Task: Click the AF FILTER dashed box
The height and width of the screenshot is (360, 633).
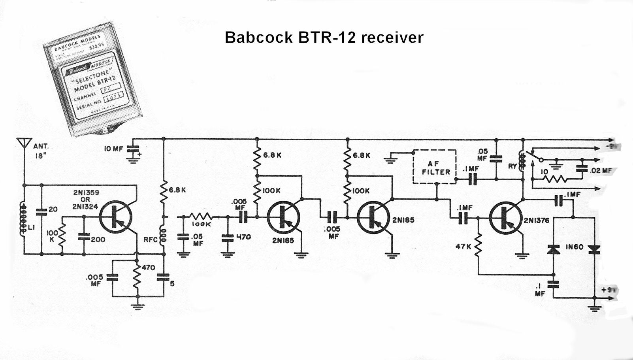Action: pyautogui.click(x=434, y=166)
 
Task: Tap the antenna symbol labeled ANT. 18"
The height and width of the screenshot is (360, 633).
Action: pyautogui.click(x=24, y=143)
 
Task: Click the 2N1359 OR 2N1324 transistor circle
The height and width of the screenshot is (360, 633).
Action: pyautogui.click(x=116, y=217)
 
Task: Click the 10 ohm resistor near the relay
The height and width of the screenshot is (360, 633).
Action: pyautogui.click(x=555, y=179)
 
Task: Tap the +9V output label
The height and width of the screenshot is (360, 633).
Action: pyautogui.click(x=609, y=290)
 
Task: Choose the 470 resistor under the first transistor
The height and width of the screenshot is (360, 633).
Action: pyautogui.click(x=137, y=277)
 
